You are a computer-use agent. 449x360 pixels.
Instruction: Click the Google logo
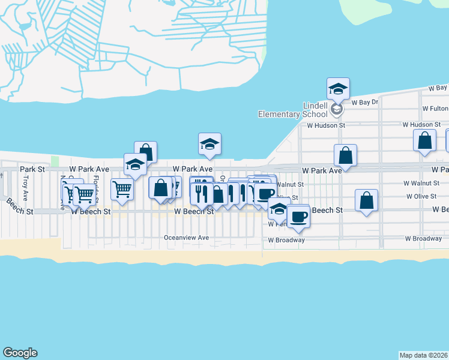(20, 353)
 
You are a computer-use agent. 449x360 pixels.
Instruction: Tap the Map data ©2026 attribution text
(424, 355)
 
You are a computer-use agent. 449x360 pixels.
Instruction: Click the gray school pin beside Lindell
(337, 109)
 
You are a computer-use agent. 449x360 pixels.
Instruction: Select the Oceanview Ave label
(187, 238)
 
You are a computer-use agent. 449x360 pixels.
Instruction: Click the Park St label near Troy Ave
(32, 170)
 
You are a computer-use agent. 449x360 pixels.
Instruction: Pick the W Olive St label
(421, 196)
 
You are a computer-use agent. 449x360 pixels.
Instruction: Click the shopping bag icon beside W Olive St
(366, 200)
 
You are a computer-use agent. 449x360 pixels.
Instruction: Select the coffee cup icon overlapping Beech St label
(298, 216)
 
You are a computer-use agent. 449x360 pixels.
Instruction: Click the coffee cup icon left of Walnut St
(265, 194)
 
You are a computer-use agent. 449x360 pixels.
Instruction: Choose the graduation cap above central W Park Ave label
(209, 143)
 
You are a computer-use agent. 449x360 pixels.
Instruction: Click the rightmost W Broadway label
(424, 239)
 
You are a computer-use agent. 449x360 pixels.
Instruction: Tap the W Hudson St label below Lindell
(326, 126)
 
